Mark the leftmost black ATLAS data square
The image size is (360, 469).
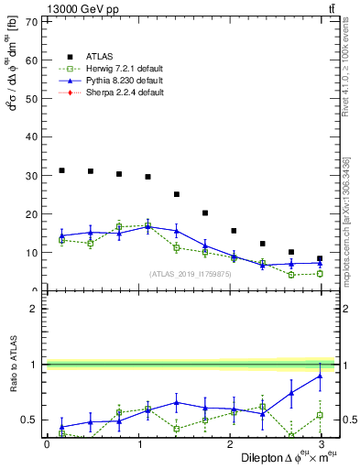[61, 170]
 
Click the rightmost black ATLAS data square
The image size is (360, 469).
[320, 258]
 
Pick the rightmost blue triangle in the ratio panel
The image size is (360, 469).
[320, 376]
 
